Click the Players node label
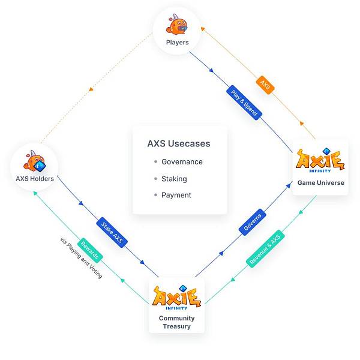178,43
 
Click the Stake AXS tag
112,232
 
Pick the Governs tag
253,221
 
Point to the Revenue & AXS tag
265,248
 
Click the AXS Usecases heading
179,144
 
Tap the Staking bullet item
174,179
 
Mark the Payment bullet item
176,195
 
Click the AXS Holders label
35,179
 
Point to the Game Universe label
320,183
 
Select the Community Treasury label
176,322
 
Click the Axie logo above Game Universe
320,161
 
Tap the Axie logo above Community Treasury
176,298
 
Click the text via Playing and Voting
81,258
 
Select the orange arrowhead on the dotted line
91,89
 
